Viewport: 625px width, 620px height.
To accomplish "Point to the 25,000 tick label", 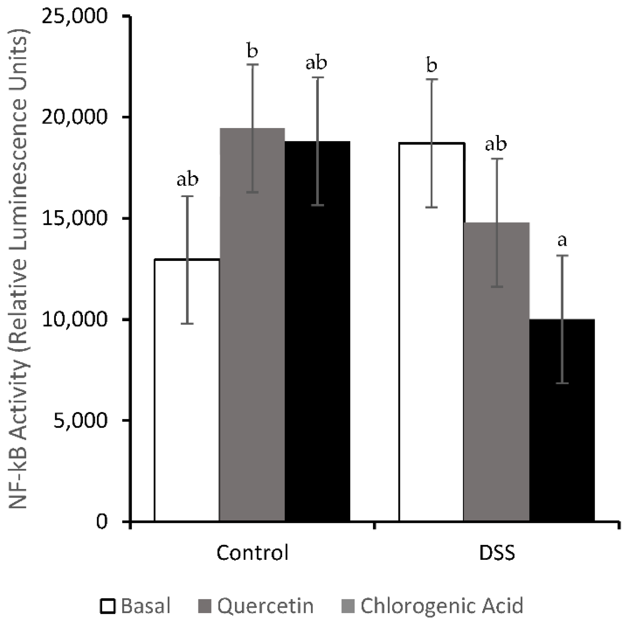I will tap(75, 16).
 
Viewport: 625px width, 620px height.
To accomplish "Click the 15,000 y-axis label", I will tap(75, 218).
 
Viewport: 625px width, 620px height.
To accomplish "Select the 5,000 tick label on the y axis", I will tap(80, 420).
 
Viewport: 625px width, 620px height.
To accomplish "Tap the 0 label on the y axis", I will tap(102, 521).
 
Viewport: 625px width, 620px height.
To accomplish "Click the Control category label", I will tap(252, 553).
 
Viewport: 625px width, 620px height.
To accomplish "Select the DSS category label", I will tap(497, 553).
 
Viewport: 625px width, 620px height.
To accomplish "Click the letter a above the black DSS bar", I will tap(562, 240).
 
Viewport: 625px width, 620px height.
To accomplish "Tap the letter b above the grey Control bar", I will tap(252, 51).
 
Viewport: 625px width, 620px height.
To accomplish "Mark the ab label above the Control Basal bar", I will tap(188, 180).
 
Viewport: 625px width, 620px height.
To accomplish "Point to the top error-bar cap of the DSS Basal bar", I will tap(432, 79).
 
